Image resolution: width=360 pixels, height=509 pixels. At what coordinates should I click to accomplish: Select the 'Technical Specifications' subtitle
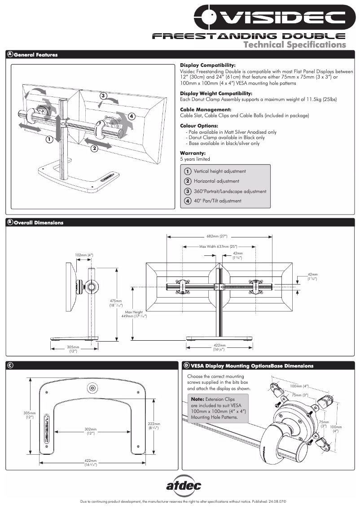[294, 44]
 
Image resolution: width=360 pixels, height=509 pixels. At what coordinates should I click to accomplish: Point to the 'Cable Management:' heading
[199, 110]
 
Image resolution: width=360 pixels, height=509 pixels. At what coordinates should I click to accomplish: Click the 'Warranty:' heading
[193, 153]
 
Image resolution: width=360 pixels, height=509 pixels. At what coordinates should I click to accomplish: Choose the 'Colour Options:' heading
[199, 126]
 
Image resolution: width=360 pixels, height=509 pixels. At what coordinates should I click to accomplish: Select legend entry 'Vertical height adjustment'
[220, 171]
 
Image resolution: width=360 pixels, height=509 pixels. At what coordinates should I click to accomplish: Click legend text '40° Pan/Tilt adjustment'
[217, 201]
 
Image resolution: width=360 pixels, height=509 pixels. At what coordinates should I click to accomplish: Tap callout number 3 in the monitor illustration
[103, 96]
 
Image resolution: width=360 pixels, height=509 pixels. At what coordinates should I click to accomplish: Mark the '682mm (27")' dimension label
[217, 236]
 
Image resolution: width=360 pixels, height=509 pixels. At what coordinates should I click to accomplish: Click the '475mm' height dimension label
[115, 301]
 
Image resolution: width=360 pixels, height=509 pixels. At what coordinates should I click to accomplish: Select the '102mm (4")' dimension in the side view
[84, 255]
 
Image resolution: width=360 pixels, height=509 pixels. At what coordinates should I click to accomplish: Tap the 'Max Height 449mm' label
[134, 314]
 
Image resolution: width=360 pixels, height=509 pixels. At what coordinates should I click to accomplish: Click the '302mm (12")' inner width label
[91, 431]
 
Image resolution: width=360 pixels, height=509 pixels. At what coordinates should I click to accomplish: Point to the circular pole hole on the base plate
[92, 387]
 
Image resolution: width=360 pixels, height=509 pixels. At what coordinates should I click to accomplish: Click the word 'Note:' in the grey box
[198, 399]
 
